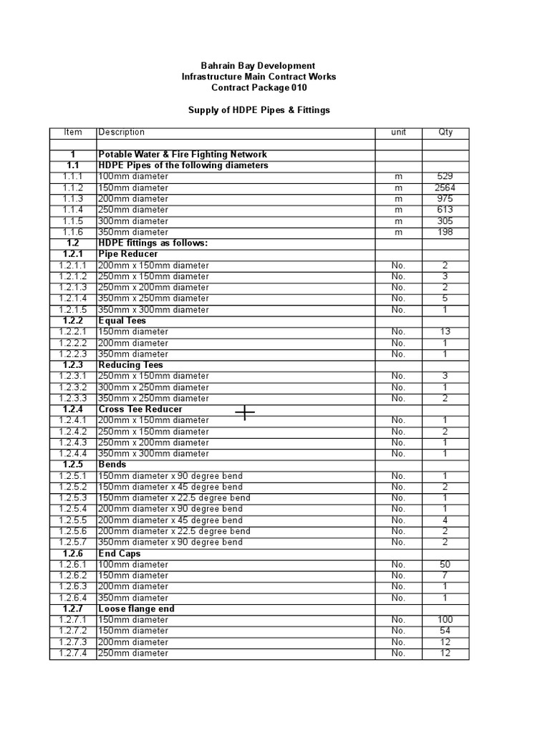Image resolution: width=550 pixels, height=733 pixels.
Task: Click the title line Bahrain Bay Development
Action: pos(258,66)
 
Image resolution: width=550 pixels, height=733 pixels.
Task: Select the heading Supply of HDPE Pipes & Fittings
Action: pos(259,110)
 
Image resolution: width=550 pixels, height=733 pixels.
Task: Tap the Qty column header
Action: pos(445,132)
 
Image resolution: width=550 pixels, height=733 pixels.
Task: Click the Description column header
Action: pos(122,132)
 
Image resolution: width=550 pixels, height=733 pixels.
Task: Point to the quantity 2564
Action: pos(445,188)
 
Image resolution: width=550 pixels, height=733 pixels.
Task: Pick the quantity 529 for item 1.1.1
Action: pos(445,176)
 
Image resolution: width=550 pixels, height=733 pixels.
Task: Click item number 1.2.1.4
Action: pos(74,298)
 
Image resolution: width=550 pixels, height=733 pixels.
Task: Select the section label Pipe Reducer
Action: pos(128,254)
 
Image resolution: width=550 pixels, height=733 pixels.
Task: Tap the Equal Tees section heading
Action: pos(122,321)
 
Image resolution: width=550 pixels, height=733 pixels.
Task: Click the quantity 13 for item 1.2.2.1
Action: pos(445,332)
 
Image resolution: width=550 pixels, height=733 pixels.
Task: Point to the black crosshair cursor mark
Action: pos(245,412)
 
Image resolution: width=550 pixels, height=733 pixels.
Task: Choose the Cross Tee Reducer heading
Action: pos(140,409)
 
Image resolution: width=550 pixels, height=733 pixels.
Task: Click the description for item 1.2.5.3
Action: pos(175,498)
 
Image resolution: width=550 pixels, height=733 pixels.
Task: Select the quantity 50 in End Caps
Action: pos(445,565)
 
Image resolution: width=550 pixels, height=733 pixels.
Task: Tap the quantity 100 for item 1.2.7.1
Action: pos(445,620)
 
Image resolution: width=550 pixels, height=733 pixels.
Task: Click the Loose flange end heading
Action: pos(137,609)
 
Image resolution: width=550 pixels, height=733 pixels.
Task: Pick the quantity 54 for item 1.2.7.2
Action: pos(445,631)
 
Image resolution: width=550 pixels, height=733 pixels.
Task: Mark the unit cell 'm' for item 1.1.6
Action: pos(399,232)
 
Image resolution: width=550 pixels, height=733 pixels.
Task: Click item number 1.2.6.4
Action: pos(74,598)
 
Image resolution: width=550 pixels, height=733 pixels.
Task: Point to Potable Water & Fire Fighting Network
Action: pos(183,155)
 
